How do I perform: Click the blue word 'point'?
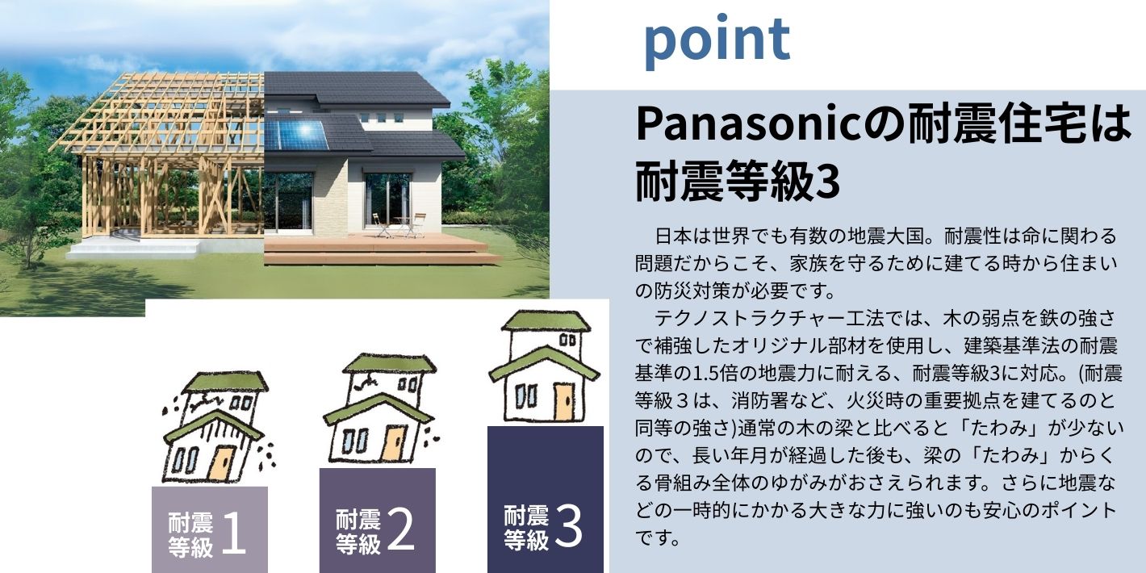717,41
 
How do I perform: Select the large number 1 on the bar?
233,533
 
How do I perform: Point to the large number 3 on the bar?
568,525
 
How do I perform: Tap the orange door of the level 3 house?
564,402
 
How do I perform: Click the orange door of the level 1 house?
221,463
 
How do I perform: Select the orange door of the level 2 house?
395,442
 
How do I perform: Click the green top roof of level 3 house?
546,321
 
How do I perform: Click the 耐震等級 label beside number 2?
358,531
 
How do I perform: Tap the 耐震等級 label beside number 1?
190,534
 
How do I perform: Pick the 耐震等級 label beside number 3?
526,528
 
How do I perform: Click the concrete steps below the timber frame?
134,249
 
